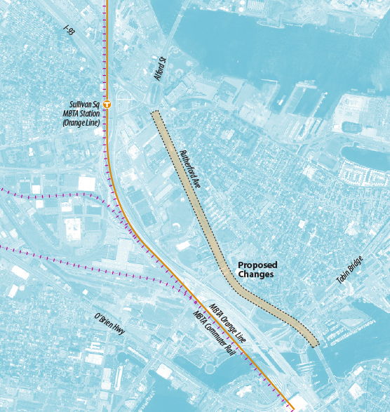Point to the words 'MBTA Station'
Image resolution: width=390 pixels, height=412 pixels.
[82, 113]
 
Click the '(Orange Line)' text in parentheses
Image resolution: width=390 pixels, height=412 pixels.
[82, 123]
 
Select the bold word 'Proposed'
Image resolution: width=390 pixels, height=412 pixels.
[257, 265]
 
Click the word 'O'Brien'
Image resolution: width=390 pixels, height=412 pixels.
[104, 319]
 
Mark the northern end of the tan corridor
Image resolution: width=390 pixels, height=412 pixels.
[156, 112]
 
